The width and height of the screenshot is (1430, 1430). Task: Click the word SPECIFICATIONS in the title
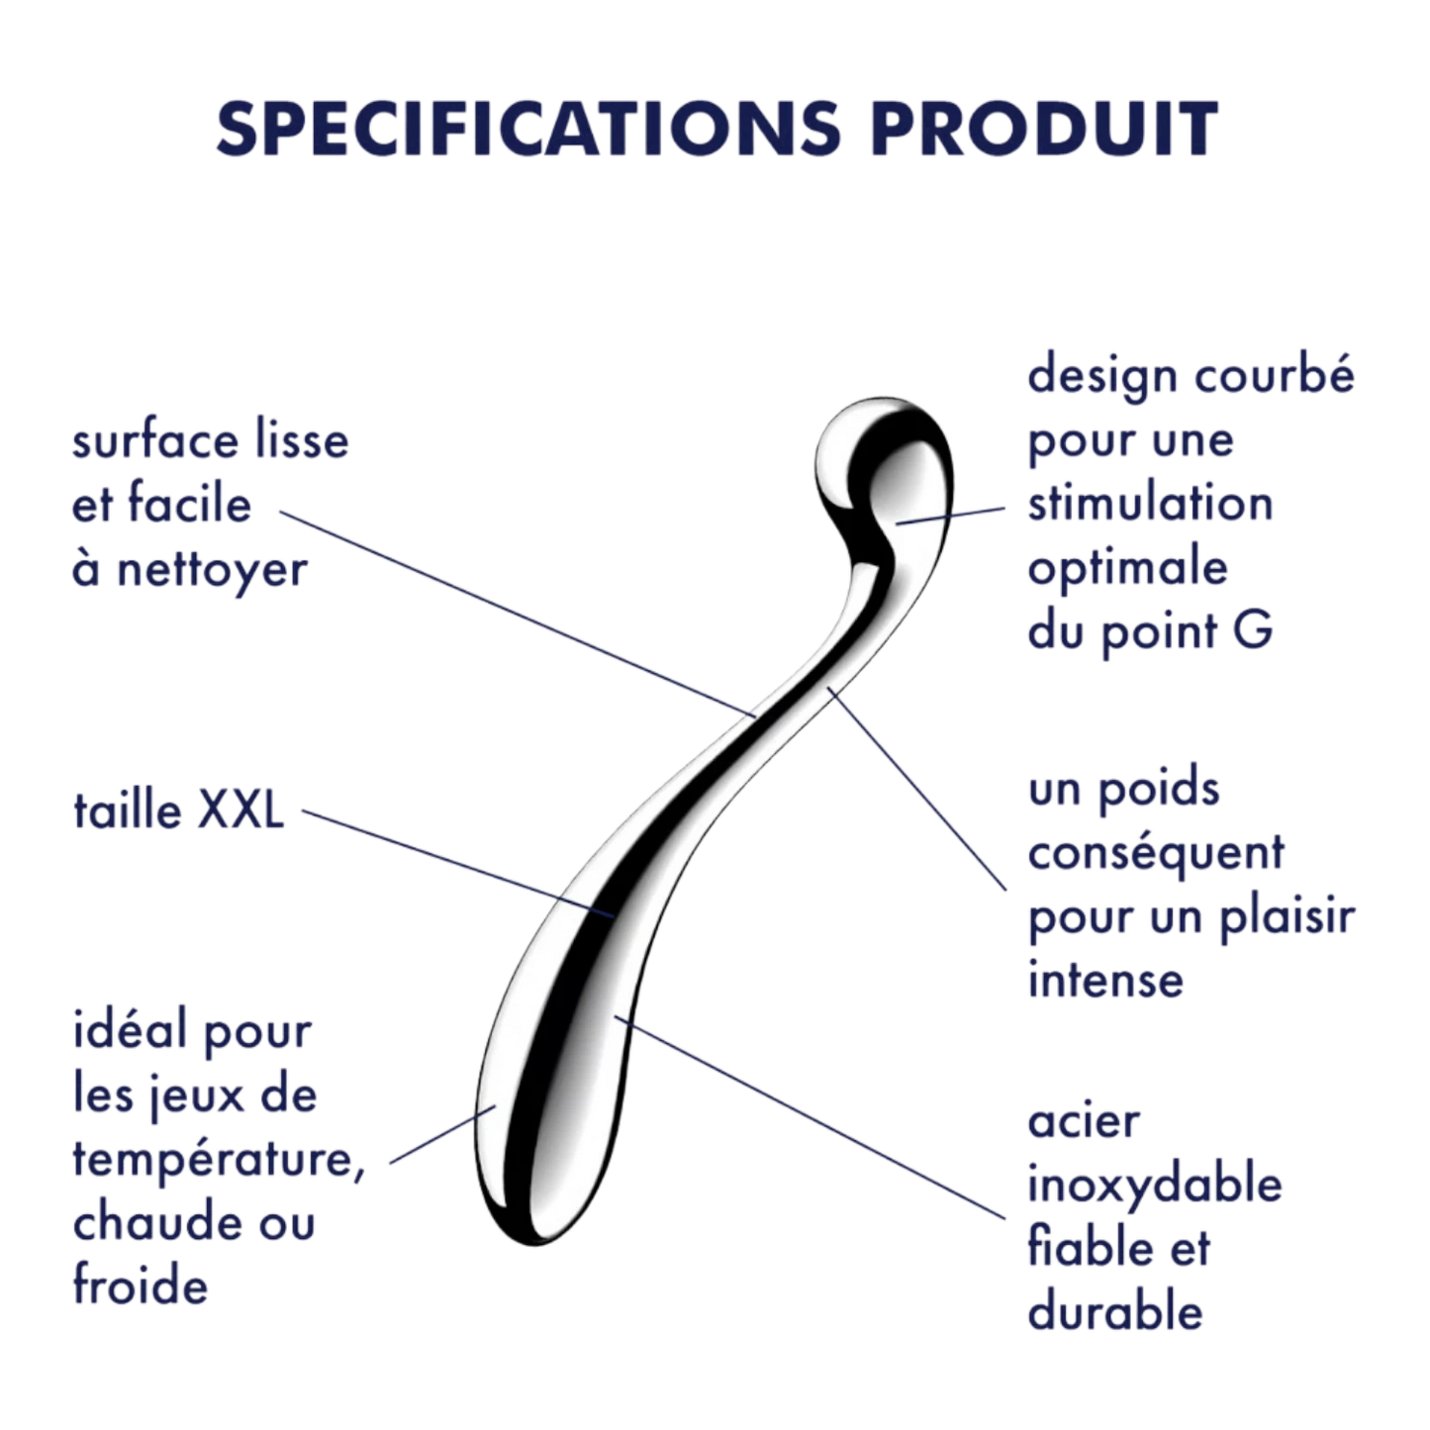(529, 129)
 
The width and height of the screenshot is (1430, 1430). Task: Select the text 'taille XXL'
(179, 810)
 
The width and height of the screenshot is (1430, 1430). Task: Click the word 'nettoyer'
(212, 571)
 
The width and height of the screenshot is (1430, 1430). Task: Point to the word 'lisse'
(302, 439)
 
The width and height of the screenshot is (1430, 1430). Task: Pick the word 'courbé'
(1275, 373)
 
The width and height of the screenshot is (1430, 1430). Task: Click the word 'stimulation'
(1150, 503)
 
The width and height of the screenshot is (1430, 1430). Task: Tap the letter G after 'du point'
(1253, 630)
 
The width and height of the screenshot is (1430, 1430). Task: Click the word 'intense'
(1105, 981)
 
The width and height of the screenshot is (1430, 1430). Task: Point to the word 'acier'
(1085, 1122)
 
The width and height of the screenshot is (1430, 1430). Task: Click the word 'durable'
(1115, 1313)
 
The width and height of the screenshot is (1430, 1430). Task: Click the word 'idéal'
(129, 1030)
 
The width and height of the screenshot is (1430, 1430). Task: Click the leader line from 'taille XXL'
(458, 864)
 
